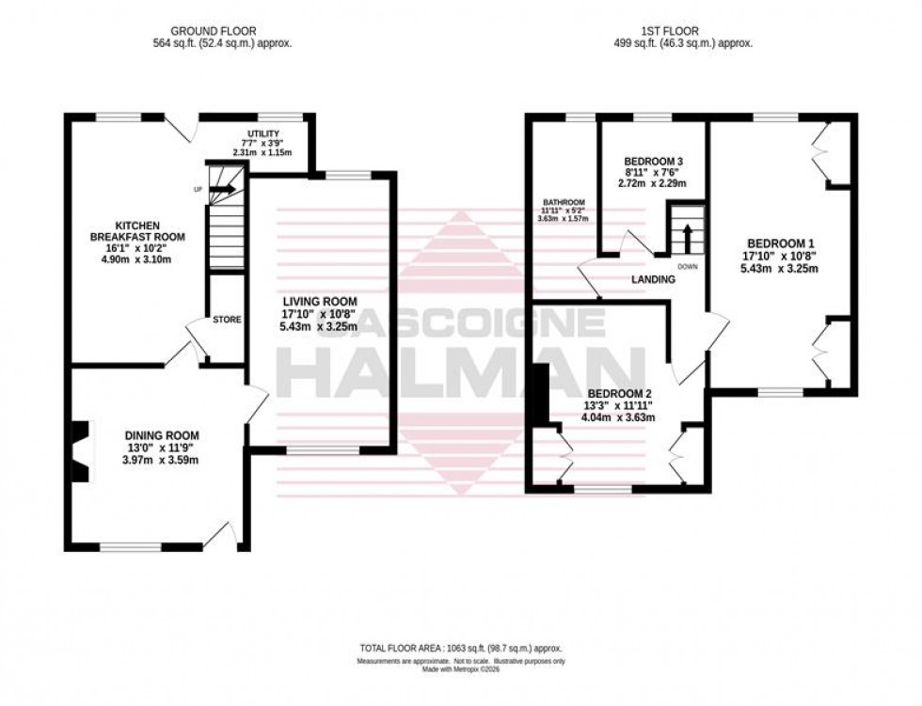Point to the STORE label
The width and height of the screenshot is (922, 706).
227,320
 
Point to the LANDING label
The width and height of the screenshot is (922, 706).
654,280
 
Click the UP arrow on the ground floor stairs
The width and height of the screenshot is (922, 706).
222,189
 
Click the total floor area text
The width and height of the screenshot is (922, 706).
460,649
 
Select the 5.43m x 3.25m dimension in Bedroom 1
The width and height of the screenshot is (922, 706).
778,268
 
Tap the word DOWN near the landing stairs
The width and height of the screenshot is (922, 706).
689,266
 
